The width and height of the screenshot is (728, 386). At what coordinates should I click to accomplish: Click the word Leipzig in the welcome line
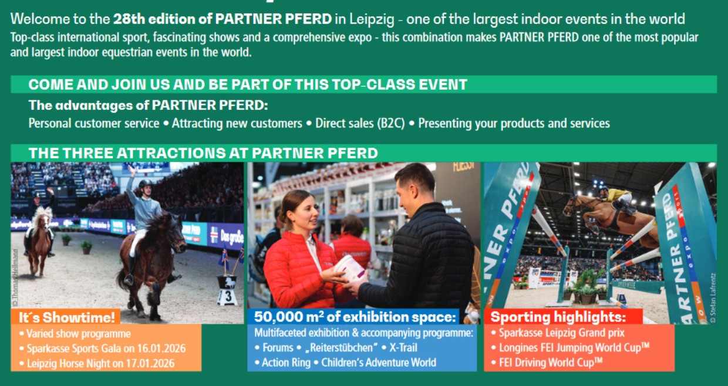coord(372,19)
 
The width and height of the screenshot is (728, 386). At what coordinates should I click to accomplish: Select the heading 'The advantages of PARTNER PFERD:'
coord(148,105)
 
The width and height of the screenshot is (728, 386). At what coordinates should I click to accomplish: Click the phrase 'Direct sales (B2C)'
coord(360,123)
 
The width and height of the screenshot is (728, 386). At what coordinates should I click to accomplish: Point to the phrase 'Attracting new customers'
coord(237,123)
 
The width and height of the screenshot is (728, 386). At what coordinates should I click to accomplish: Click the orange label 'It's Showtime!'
coord(66,317)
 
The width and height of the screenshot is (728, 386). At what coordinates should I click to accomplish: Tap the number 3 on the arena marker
coord(228,296)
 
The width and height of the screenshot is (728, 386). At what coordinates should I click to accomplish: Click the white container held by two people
coord(349,268)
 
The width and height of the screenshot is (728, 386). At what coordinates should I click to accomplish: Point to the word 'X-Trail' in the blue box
coord(403,348)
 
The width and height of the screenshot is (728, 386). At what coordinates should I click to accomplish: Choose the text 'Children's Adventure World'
coord(379,363)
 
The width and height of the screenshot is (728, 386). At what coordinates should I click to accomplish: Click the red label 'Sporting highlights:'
coord(558,317)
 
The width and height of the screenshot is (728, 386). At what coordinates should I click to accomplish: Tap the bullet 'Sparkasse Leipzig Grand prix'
coord(562,333)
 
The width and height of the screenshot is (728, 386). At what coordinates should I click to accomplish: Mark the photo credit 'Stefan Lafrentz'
coord(713,298)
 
